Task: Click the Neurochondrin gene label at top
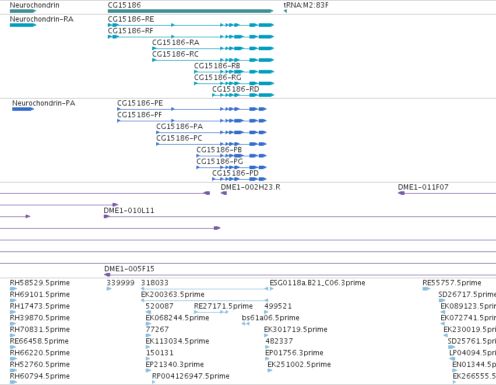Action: tap(34, 5)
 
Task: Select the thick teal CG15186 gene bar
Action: tap(191, 11)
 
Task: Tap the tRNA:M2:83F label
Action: tap(306, 5)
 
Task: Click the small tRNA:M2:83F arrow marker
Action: tap(285, 11)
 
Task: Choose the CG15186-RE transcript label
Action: tap(131, 19)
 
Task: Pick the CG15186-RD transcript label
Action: tap(235, 89)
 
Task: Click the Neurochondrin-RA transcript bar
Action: tap(23, 25)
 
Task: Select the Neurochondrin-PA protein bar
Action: tap(23, 109)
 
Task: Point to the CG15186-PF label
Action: tap(139, 114)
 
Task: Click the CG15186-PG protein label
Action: tap(220, 161)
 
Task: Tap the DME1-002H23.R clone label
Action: tap(251, 187)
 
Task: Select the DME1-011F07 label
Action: tap(423, 187)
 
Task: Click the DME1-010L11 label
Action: tap(129, 210)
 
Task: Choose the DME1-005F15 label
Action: tap(129, 268)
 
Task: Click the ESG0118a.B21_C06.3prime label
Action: tap(318, 283)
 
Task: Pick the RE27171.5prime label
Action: tap(223, 306)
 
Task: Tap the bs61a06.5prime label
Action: tap(270, 317)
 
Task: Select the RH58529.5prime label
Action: tap(40, 283)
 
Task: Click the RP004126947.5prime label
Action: tap(191, 376)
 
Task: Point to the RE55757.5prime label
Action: tap(452, 283)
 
